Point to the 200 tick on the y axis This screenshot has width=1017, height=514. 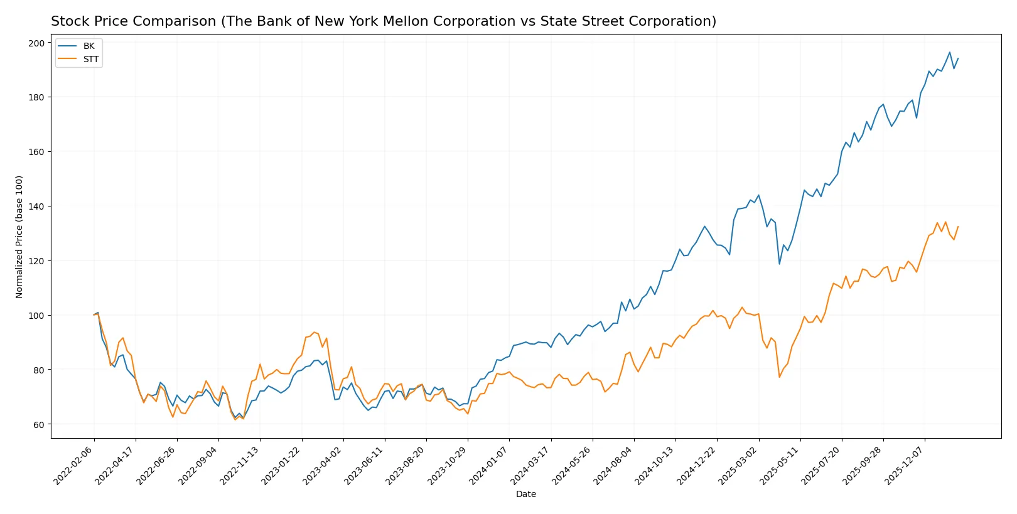[36, 43]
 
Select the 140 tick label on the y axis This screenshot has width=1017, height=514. [36, 206]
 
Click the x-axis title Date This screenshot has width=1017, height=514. [525, 495]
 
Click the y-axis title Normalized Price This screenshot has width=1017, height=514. [19, 237]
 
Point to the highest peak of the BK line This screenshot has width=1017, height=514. [949, 52]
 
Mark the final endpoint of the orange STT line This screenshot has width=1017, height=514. [958, 227]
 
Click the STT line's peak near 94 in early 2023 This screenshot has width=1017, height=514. [314, 332]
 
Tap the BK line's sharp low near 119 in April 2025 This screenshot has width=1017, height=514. [779, 264]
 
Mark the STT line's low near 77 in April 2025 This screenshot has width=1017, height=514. [779, 377]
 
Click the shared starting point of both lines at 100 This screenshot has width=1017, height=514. [94, 315]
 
